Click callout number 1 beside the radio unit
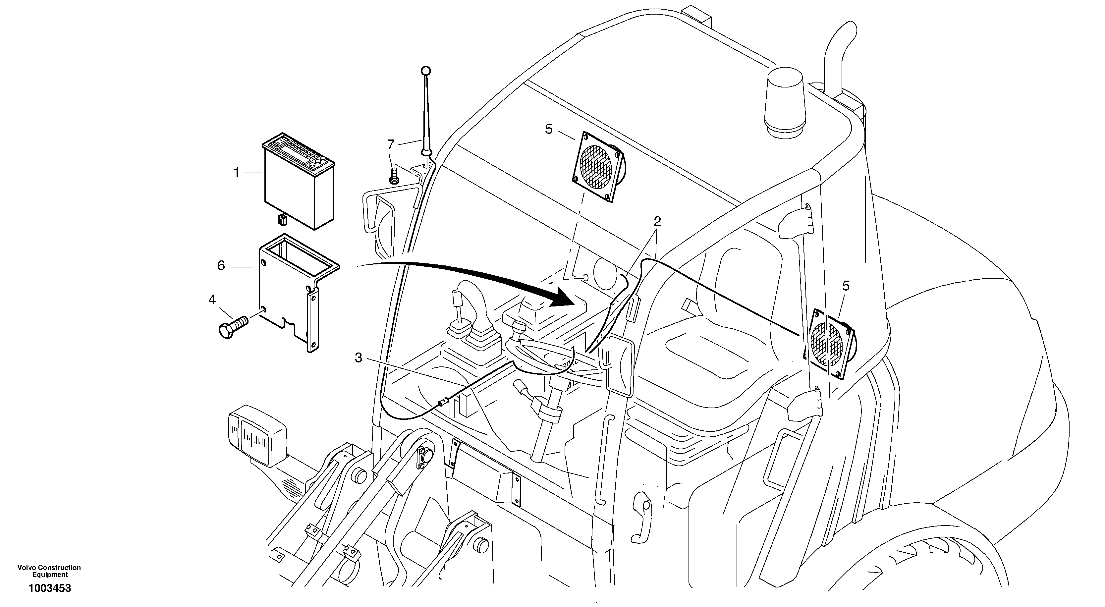(x=236, y=173)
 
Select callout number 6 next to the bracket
(x=221, y=266)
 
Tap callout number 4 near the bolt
(x=212, y=300)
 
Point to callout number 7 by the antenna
(x=390, y=144)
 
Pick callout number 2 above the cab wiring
(x=657, y=221)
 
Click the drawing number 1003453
(x=49, y=588)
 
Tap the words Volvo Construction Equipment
(x=49, y=571)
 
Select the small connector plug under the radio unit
(x=282, y=220)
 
